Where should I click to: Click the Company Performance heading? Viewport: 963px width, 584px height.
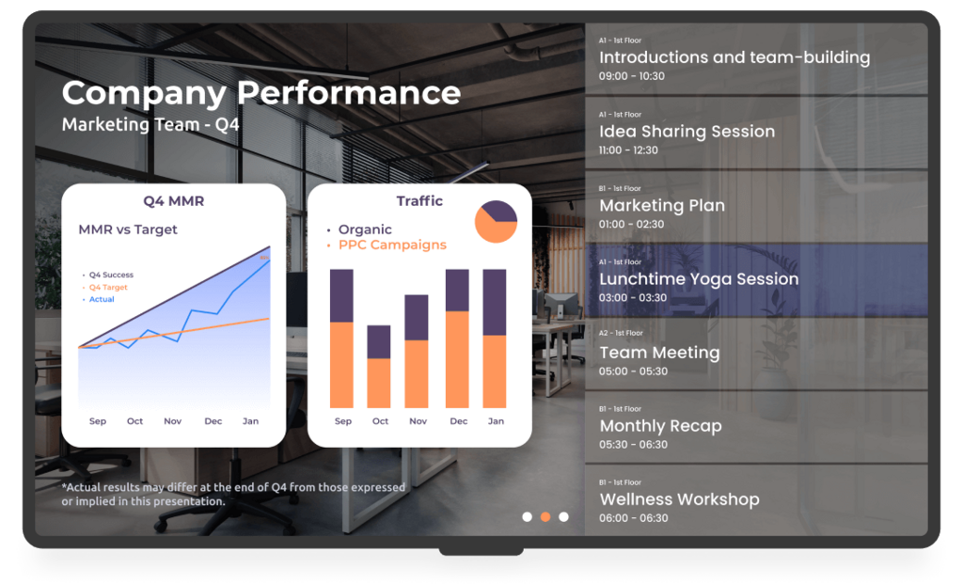[261, 94]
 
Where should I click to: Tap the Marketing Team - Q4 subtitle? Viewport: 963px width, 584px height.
[150, 125]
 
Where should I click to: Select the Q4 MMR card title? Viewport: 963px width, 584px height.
[174, 201]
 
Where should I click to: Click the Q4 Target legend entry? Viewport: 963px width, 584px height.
[108, 288]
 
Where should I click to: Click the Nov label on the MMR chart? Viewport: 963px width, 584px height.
[173, 421]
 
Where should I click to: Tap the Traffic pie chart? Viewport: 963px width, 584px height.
[496, 222]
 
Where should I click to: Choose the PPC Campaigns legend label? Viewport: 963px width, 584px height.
[392, 245]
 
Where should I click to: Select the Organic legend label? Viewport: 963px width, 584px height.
[365, 229]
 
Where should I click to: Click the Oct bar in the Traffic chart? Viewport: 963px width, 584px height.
[379, 367]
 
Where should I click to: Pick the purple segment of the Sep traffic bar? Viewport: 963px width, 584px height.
[341, 296]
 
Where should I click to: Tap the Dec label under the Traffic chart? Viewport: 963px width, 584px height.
[459, 421]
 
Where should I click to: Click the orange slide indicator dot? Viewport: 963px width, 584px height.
[545, 517]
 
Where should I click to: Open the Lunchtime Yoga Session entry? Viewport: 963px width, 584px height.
[756, 280]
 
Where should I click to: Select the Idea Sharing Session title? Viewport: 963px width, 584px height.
[687, 132]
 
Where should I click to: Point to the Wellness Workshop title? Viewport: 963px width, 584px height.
[679, 499]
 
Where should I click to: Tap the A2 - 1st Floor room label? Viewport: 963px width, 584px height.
[621, 334]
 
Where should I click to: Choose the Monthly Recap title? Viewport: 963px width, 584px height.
[660, 426]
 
